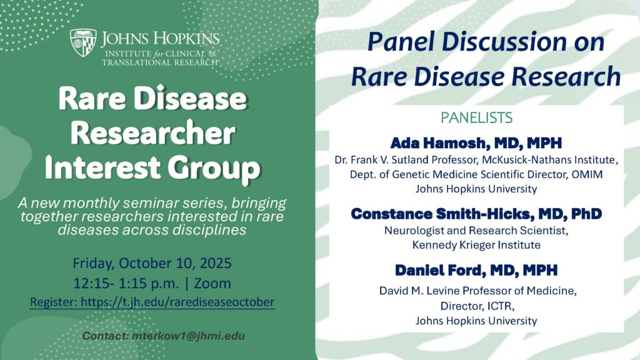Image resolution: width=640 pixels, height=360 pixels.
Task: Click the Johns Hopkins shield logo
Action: pyautogui.click(x=83, y=42)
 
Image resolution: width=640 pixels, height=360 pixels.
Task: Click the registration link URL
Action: pyautogui.click(x=177, y=302)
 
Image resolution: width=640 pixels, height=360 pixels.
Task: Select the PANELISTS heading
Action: pyautogui.click(x=476, y=117)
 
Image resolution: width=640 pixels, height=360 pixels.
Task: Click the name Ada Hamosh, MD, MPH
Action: pyautogui.click(x=476, y=143)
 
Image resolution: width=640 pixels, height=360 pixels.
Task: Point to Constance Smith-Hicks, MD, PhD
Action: pyautogui.click(x=476, y=214)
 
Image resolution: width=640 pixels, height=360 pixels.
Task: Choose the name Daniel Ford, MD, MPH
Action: pyautogui.click(x=476, y=270)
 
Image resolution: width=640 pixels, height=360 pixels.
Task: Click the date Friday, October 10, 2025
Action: pyautogui.click(x=152, y=263)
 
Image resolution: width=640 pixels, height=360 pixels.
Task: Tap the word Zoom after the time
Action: pyautogui.click(x=212, y=283)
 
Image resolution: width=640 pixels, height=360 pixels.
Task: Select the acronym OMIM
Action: pyautogui.click(x=587, y=174)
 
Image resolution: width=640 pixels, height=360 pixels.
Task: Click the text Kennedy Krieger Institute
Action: pyautogui.click(x=476, y=245)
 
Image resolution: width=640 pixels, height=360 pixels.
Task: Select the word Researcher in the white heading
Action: pyautogui.click(x=153, y=134)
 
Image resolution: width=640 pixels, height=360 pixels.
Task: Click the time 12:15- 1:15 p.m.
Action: pyautogui.click(x=126, y=283)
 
